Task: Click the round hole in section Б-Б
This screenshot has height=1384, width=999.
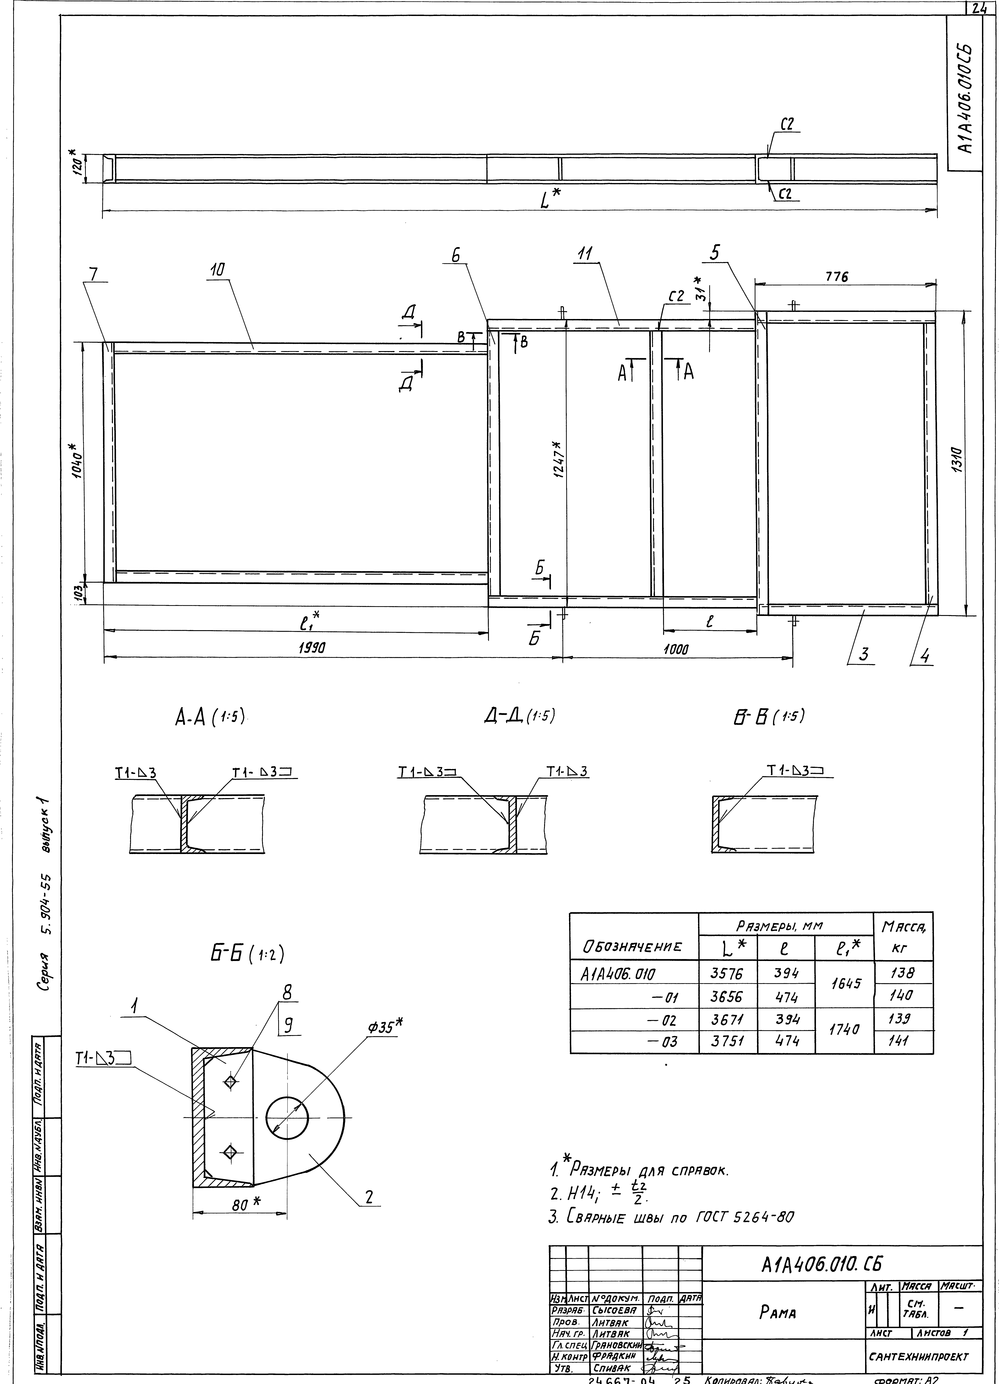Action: [x=287, y=1117]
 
